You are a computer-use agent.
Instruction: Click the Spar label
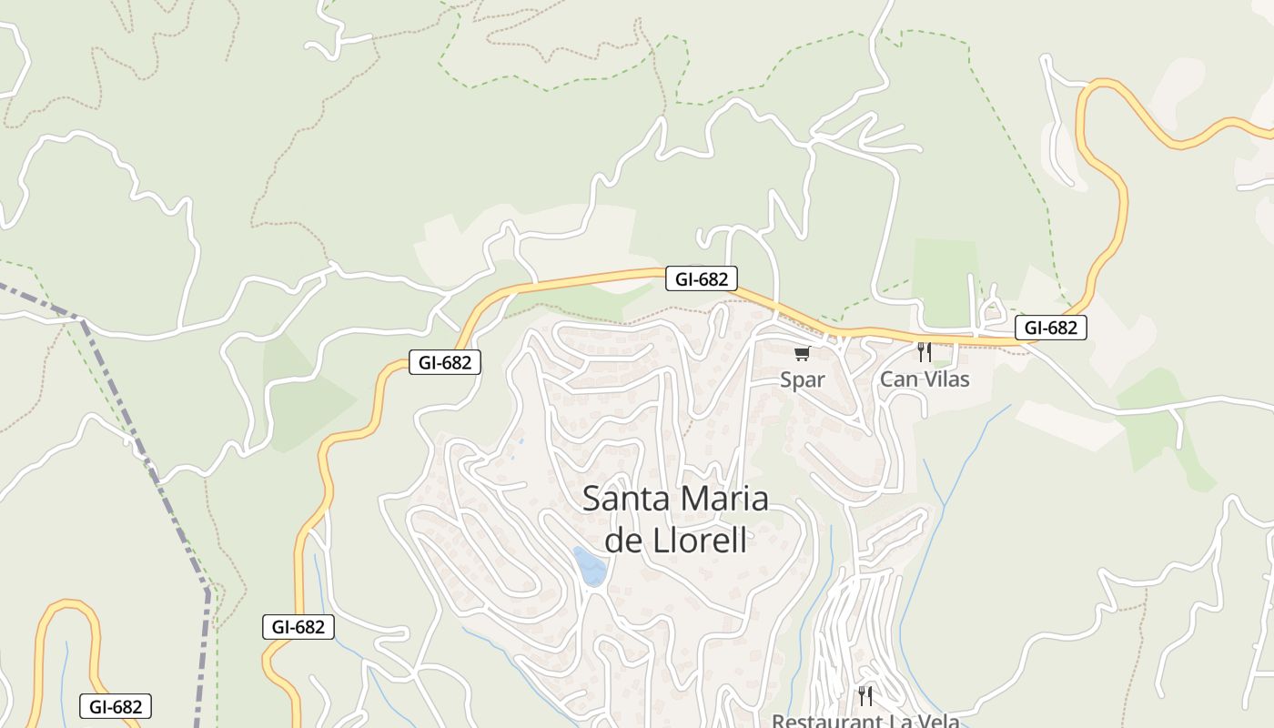(x=802, y=379)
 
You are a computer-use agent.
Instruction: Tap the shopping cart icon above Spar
(x=802, y=353)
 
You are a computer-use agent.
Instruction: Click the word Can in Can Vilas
(x=896, y=379)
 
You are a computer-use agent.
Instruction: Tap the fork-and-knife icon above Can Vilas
(x=924, y=351)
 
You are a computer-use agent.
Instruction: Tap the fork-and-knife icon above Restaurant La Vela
(x=865, y=696)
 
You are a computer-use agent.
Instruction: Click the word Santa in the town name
(x=623, y=499)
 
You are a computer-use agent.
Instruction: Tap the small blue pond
(x=590, y=566)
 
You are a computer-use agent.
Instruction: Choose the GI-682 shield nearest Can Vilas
(x=1051, y=328)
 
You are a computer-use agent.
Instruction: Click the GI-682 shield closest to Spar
(x=701, y=278)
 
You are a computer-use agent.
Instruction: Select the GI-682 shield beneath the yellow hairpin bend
(x=115, y=706)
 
